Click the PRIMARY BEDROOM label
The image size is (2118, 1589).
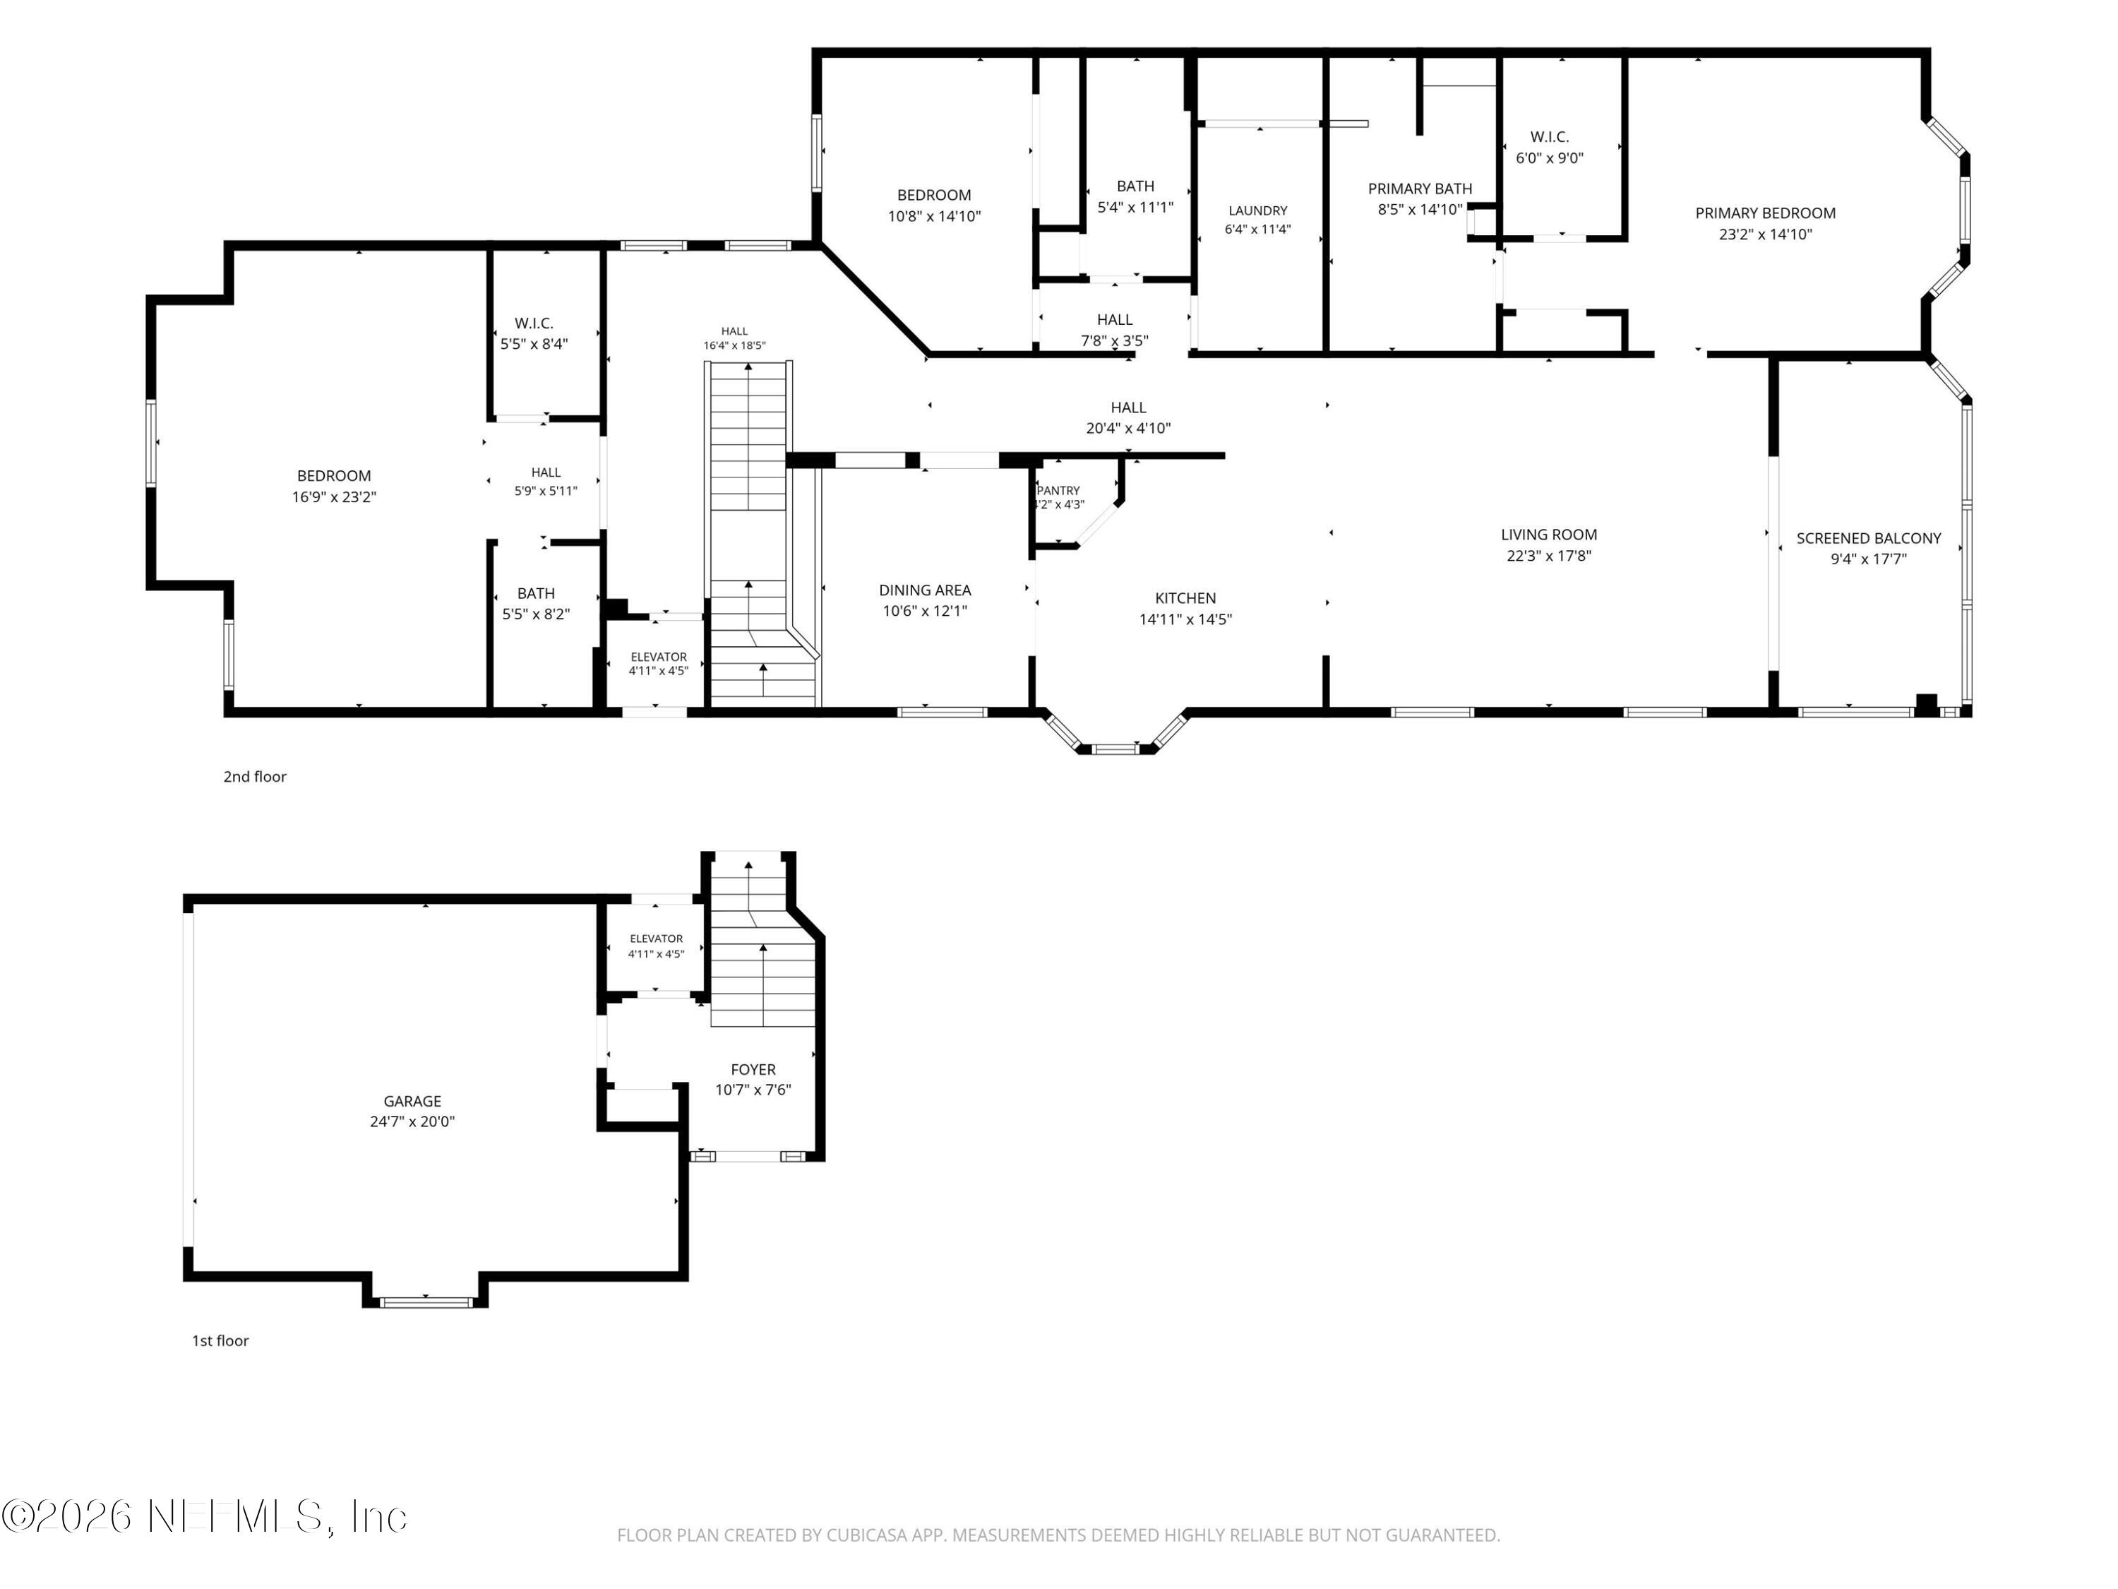click(1765, 213)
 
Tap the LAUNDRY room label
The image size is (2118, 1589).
click(1257, 210)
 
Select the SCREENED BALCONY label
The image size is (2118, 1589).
click(1868, 538)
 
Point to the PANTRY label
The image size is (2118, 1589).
click(1058, 490)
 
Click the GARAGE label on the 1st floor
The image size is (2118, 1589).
click(413, 1102)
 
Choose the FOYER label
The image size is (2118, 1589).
click(753, 1070)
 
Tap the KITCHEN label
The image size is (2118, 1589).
click(1185, 597)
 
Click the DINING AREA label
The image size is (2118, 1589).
click(925, 590)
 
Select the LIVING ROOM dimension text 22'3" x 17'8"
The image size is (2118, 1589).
click(1548, 556)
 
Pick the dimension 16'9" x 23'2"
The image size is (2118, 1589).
click(334, 497)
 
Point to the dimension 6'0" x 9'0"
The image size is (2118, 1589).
click(1549, 158)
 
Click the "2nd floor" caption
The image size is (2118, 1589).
click(255, 777)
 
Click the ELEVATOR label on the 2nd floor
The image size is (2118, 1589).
click(659, 657)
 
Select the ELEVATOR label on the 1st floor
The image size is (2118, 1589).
click(656, 939)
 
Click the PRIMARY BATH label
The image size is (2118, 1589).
click(1420, 189)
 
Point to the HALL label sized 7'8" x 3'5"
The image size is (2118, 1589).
click(1115, 320)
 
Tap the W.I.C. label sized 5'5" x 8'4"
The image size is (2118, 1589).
click(534, 323)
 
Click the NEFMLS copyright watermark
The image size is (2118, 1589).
click(204, 1516)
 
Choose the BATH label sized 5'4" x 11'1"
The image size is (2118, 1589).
click(1135, 186)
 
